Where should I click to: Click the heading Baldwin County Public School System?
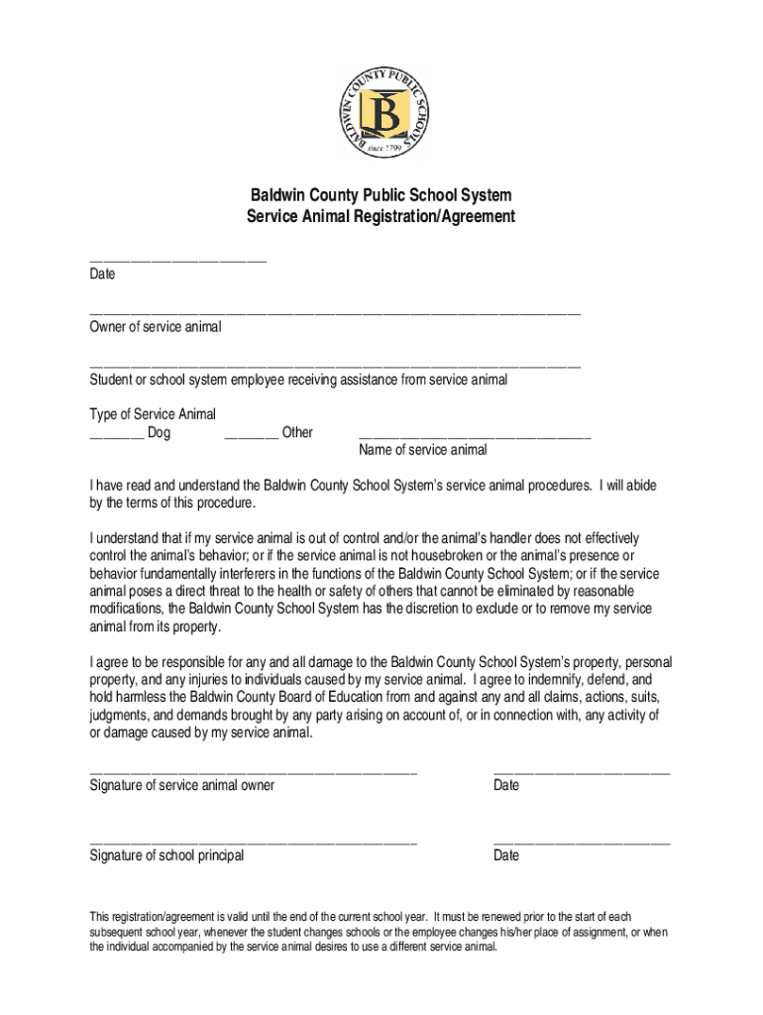381,195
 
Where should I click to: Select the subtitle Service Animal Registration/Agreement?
381,216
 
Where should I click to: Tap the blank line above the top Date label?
178,261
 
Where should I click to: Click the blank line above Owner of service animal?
335,313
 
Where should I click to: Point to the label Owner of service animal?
156,327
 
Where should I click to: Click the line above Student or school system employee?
335,367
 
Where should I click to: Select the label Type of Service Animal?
153,414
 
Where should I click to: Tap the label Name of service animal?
423,450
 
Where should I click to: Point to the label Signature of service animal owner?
182,785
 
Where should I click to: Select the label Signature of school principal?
166,855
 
